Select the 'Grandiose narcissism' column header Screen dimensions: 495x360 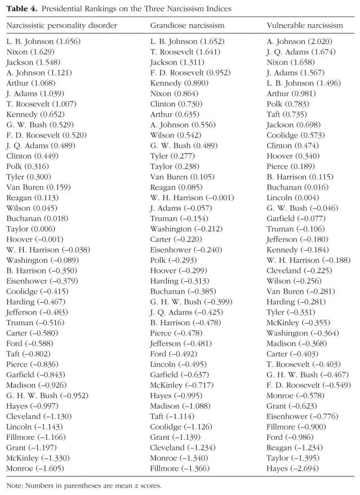pyautogui.click(x=187, y=25)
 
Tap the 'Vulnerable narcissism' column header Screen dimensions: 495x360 pyautogui.click(x=304, y=25)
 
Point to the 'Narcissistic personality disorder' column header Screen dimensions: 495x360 pyautogui.click(x=61, y=25)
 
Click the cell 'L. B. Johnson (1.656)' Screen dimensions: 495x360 pyautogui.click(x=41, y=42)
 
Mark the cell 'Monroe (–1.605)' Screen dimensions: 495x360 pyautogui.click(x=35, y=468)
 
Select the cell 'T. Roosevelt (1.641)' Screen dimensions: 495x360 pyautogui.click(x=184, y=52)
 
